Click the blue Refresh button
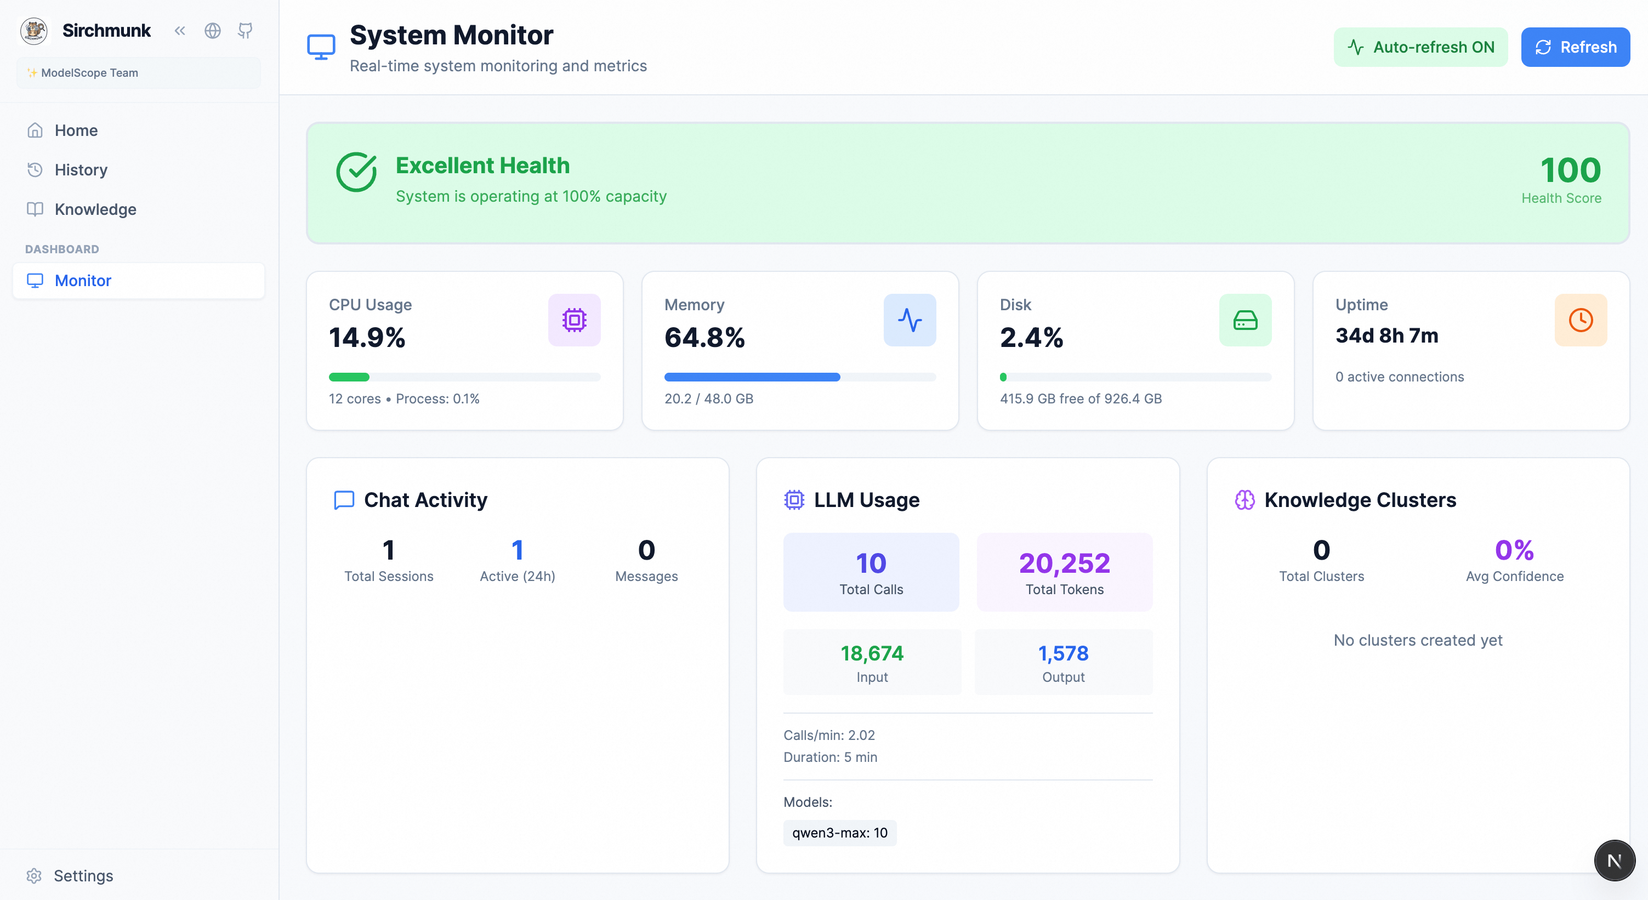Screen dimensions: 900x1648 pos(1575,47)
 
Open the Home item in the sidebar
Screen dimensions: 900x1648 pos(76,130)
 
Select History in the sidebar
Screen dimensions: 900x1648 pos(81,170)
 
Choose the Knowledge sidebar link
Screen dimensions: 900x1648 pos(95,210)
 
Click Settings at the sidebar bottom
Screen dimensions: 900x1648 pos(83,876)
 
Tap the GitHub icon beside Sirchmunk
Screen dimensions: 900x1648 pos(245,31)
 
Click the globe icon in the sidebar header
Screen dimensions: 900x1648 pos(212,31)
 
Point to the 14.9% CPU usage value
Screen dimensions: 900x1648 pos(367,338)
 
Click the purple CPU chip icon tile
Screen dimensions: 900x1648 pos(574,320)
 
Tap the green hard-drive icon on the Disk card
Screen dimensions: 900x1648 pos(1244,320)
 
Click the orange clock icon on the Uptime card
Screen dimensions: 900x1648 pos(1580,320)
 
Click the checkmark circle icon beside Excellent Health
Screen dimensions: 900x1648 pos(356,172)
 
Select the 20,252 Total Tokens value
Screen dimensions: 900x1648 pos(1064,563)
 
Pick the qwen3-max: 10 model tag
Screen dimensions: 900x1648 pos(839,833)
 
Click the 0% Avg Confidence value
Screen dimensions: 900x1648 pos(1514,550)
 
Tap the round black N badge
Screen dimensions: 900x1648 pos(1613,861)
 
